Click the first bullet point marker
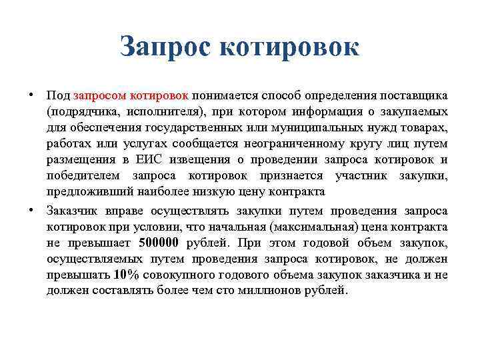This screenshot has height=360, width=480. click(x=32, y=94)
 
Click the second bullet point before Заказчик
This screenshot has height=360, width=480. click(x=32, y=210)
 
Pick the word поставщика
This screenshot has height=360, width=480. click(x=413, y=95)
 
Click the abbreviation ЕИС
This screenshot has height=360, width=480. click(x=158, y=159)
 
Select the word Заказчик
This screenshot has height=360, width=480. click(x=74, y=211)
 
